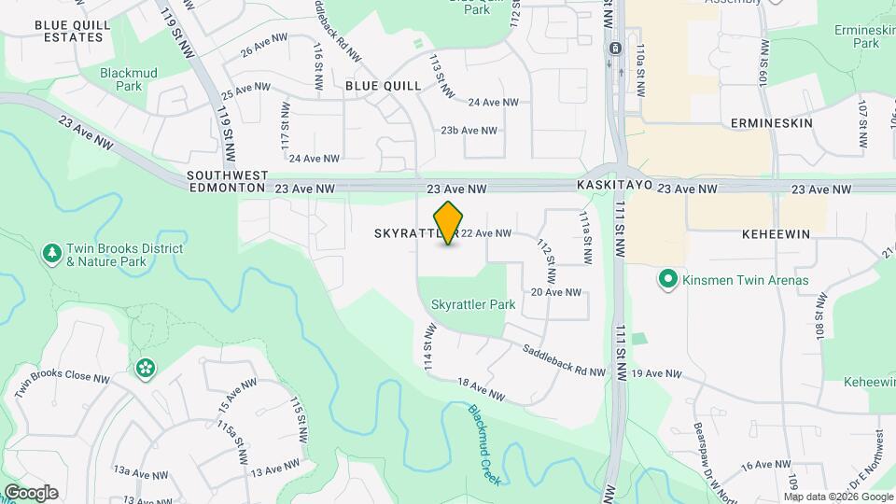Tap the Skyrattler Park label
pos(473,304)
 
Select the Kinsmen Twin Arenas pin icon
pos(667,279)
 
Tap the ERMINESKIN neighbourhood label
pos(772,123)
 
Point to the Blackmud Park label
pos(122,78)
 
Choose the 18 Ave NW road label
pos(481,390)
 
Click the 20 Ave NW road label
pos(556,292)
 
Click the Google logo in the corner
pos(31,493)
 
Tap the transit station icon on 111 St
pos(615,49)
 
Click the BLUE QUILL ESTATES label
pos(68,31)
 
